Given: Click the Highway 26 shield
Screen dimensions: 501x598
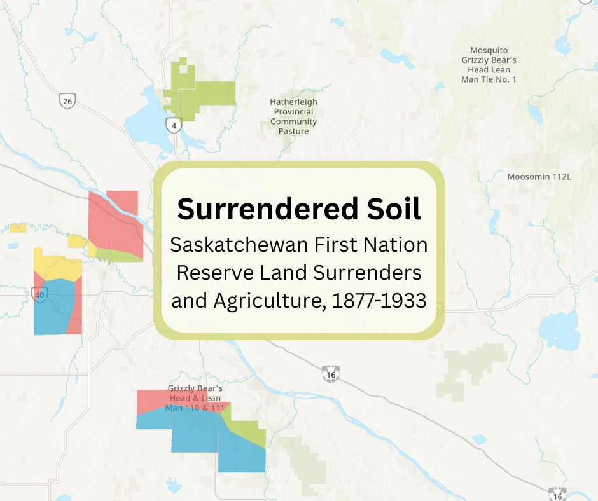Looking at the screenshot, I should tap(67, 100).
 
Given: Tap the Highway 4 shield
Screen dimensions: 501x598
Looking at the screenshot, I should tap(174, 126).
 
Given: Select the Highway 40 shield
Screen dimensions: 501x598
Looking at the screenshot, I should tap(40, 294).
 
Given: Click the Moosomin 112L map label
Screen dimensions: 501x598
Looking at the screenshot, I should tap(539, 176).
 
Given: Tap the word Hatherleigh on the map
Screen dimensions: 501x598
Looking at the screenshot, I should tap(293, 102).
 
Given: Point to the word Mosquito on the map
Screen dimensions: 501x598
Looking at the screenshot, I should tap(489, 50).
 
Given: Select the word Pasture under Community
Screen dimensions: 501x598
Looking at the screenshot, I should tap(293, 131).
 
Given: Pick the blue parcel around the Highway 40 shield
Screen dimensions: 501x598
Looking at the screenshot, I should tap(57, 312).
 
